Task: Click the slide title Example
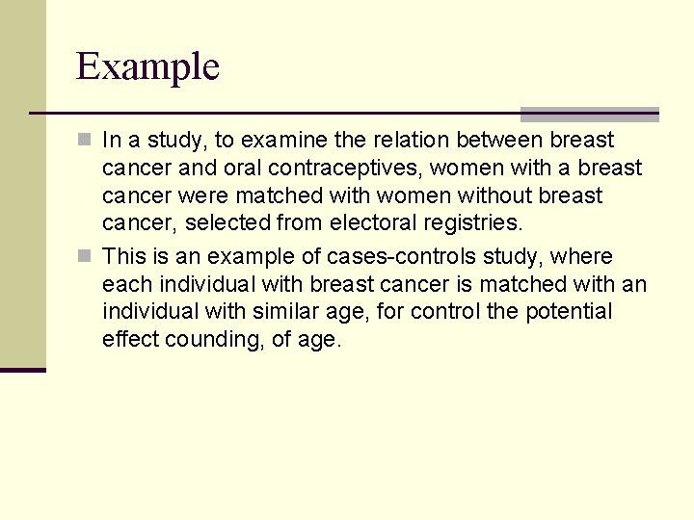pos(147,67)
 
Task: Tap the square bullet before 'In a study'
pos(85,141)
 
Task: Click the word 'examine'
pos(280,141)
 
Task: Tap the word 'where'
pos(583,257)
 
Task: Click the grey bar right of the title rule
pos(589,115)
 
